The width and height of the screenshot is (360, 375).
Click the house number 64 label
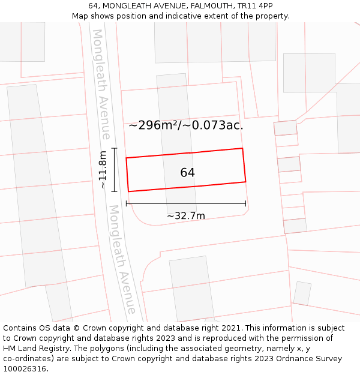(x=187, y=173)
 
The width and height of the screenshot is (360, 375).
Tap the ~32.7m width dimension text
(x=186, y=216)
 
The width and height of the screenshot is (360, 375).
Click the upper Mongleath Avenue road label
(x=101, y=84)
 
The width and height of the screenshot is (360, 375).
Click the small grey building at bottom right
(x=302, y=293)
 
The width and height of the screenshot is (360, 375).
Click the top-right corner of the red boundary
(x=242, y=148)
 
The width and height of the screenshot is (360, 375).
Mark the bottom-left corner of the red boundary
(x=128, y=192)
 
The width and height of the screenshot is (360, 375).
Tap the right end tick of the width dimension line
(x=246, y=204)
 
